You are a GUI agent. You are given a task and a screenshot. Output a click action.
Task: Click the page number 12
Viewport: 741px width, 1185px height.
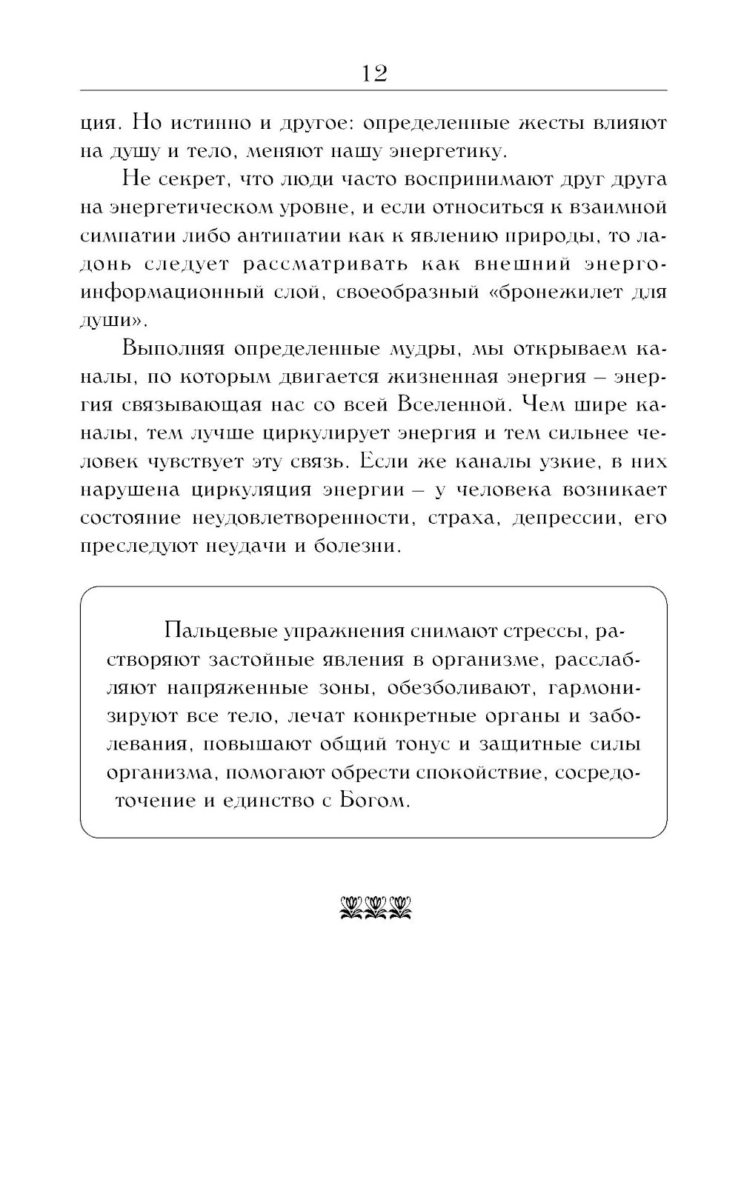pos(373,73)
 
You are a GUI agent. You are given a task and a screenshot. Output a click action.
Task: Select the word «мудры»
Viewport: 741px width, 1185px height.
pos(422,349)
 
